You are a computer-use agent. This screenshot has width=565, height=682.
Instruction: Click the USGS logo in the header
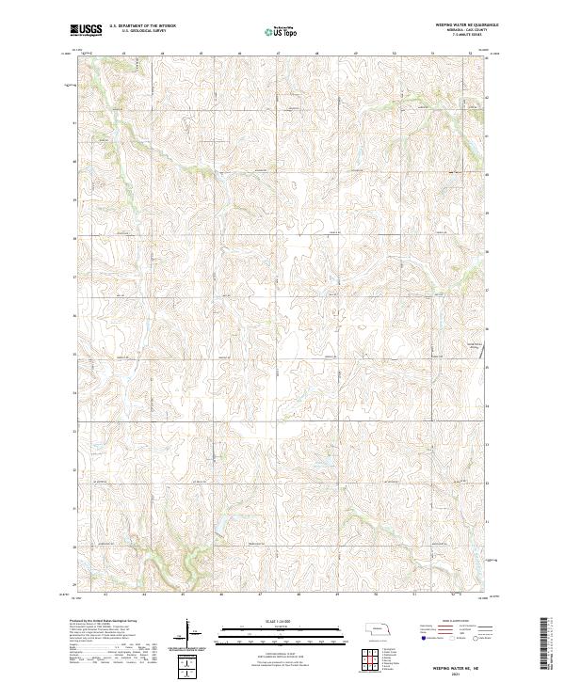click(87, 30)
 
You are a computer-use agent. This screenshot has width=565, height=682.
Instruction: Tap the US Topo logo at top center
click(282, 31)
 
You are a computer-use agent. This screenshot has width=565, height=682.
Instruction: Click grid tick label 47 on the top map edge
click(279, 54)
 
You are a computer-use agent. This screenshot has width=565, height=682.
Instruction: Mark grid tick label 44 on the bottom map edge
click(145, 594)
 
